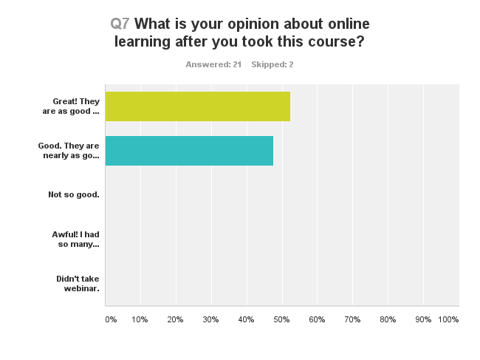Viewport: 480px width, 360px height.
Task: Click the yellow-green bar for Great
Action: point(197,106)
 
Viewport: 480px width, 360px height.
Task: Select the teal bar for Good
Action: point(189,151)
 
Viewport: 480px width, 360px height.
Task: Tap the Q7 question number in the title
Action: point(120,24)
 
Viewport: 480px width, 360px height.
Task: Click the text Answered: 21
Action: point(213,64)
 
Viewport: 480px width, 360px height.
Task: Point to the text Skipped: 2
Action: point(272,64)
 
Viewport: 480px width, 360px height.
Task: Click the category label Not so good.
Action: point(73,194)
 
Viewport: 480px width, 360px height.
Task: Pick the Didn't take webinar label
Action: point(78,283)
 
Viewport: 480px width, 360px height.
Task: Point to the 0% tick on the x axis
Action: point(111,319)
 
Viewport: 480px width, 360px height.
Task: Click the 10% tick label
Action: point(140,319)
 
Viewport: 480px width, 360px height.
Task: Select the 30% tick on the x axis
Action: point(210,319)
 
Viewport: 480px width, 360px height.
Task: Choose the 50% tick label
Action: point(281,319)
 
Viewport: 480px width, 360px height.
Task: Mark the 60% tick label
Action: point(317,319)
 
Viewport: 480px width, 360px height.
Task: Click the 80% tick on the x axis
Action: point(388,319)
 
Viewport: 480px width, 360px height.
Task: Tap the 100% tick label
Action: point(448,319)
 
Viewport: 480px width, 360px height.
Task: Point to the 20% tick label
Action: point(175,319)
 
